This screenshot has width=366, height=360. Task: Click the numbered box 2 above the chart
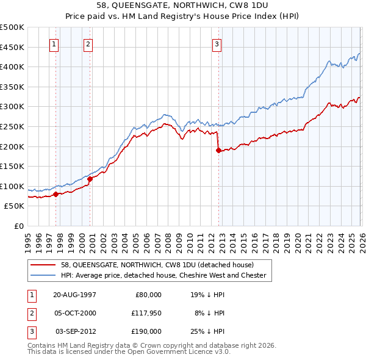pyautogui.click(x=88, y=43)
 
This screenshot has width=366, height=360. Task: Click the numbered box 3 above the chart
pyautogui.click(x=217, y=43)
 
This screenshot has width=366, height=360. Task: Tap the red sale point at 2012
pyautogui.click(x=218, y=150)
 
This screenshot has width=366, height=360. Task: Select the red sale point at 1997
pyautogui.click(x=56, y=194)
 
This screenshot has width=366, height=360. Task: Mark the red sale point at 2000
pyautogui.click(x=90, y=179)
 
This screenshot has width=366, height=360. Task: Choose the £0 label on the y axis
pyautogui.click(x=18, y=226)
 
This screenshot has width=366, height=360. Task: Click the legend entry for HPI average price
pyautogui.click(x=163, y=275)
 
